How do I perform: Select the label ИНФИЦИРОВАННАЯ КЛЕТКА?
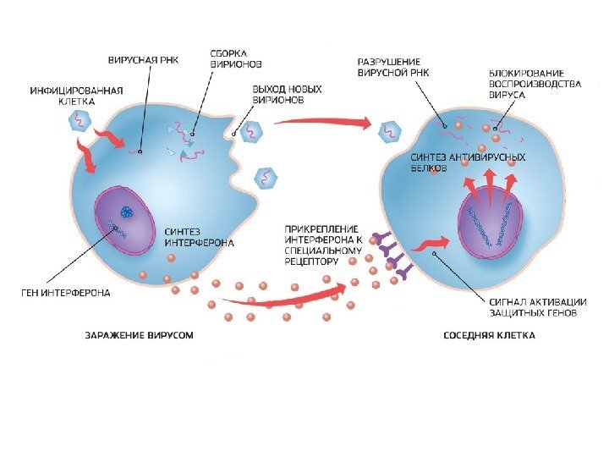[x=77, y=94]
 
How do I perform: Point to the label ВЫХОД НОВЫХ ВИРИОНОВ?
[x=278, y=93]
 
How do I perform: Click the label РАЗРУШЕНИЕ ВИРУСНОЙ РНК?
[x=393, y=68]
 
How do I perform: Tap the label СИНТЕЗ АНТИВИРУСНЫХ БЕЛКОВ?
[x=468, y=162]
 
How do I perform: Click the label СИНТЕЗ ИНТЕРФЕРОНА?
[x=199, y=236]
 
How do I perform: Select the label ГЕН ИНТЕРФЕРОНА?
[x=67, y=293]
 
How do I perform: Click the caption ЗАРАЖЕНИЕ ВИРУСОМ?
[x=139, y=335]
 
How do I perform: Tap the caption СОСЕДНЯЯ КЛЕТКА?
[x=490, y=335]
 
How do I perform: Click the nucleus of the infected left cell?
[x=125, y=221]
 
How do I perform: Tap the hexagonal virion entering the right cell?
[x=390, y=132]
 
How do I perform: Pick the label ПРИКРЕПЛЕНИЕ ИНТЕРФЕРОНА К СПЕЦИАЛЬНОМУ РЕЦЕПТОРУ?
[x=323, y=245]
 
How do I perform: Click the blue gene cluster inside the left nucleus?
[x=126, y=213]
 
